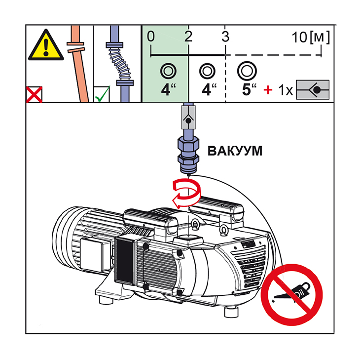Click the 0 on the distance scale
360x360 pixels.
click(x=150, y=36)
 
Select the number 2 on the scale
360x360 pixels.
click(x=188, y=36)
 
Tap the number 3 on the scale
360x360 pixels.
click(x=225, y=36)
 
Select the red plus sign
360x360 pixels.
click(x=268, y=91)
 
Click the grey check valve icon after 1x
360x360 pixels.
click(x=312, y=91)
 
